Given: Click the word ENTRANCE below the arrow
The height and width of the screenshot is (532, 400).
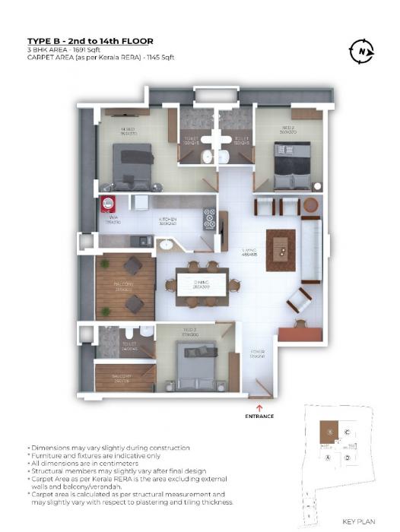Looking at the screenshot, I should point(259,416).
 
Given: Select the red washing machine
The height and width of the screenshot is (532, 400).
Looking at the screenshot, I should point(109,205).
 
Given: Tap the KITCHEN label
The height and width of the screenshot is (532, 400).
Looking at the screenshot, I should point(168,220).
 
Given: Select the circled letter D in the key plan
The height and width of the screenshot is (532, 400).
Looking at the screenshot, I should point(347,458).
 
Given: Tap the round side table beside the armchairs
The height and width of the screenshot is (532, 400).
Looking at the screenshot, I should point(311,205).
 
